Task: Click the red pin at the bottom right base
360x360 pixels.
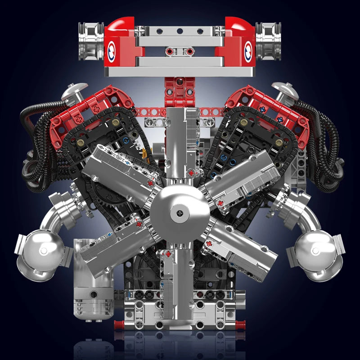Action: [x=242, y=323]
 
